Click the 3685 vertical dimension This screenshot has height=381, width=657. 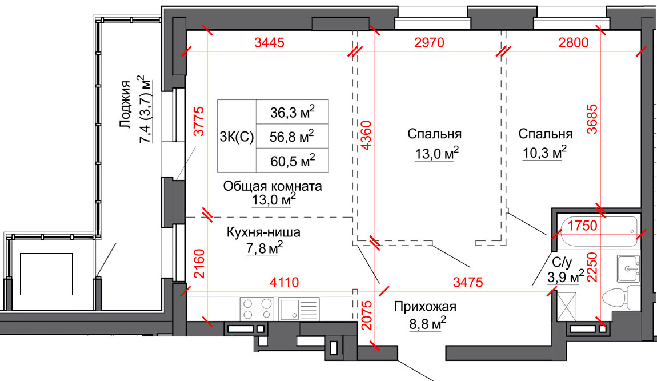(x=594, y=118)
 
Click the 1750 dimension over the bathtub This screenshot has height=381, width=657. (x=583, y=225)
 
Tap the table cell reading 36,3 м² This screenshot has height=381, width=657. (x=293, y=112)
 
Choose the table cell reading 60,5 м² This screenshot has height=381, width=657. (x=293, y=161)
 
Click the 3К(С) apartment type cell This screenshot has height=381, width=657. (x=237, y=137)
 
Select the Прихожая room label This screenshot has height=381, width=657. (x=425, y=307)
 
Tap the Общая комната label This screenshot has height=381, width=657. (x=273, y=186)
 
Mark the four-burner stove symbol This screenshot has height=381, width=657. (x=257, y=309)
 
